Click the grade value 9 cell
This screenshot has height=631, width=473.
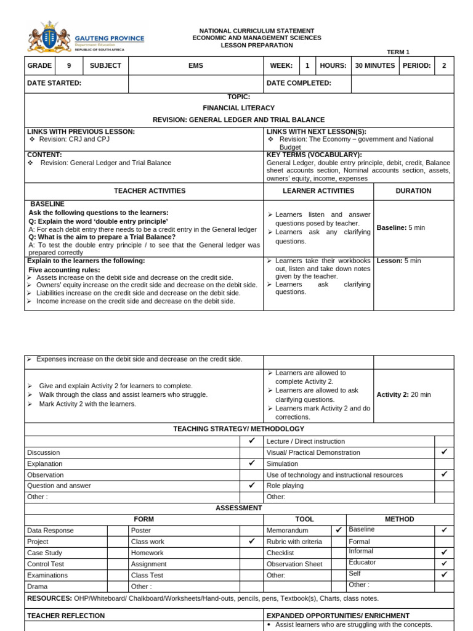69,65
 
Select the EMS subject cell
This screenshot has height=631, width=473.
196,65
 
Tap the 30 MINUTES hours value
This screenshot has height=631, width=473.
375,65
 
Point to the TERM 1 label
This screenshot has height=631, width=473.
398,52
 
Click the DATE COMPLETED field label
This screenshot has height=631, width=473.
299,83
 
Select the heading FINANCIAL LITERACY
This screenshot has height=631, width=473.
239,108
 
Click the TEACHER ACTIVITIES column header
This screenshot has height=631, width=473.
144,191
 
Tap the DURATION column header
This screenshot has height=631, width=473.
413,191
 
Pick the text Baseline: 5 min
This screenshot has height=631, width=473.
401,227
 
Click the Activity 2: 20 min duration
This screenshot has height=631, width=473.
403,394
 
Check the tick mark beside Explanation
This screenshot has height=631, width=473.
251,463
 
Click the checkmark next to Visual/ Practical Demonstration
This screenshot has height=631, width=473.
444,452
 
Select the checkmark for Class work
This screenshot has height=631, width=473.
251,541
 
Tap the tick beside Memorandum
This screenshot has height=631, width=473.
338,530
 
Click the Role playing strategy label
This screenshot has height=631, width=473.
285,486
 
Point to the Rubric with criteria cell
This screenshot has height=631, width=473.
294,542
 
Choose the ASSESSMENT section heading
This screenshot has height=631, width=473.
239,508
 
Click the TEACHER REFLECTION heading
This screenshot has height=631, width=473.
66,616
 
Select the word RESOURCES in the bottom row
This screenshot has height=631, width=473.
49,598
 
